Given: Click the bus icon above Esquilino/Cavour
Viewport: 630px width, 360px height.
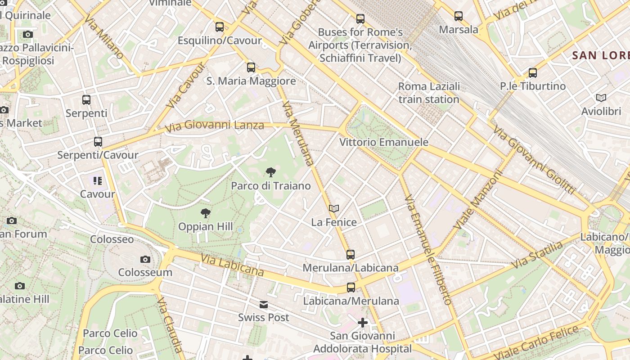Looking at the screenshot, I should pos(220,27).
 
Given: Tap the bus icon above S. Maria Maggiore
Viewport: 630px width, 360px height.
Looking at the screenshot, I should pos(251,67).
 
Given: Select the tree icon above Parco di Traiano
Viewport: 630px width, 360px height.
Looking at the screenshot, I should pos(271,172).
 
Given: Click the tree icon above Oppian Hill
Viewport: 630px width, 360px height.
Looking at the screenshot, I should pos(206,213).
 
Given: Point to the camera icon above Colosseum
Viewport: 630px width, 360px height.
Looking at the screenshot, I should pos(145,259).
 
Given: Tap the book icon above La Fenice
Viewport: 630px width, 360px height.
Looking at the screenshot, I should pos(333,208).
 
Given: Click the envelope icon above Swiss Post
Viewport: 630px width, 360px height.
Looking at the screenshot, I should pos(264,305).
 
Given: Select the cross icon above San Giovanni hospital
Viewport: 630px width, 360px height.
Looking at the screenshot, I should pos(362,323).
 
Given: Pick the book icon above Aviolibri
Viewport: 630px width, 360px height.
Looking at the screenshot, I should pos(601,98).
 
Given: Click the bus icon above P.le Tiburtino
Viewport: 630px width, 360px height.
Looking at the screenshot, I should pos(533,72).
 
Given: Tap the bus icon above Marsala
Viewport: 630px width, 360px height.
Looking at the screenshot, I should pos(459,16).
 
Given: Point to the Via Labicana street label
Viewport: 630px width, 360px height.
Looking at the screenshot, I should pos(232,265).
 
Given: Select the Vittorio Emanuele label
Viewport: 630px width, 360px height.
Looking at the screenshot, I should pos(384,142).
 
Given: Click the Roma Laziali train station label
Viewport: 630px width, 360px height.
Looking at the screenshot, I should pos(429,93).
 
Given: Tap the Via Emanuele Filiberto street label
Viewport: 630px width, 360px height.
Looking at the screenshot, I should pos(427,250).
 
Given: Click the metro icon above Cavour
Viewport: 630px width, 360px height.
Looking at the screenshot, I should pos(98,181).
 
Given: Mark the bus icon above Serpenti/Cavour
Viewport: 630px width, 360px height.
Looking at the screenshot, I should pos(98,142).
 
